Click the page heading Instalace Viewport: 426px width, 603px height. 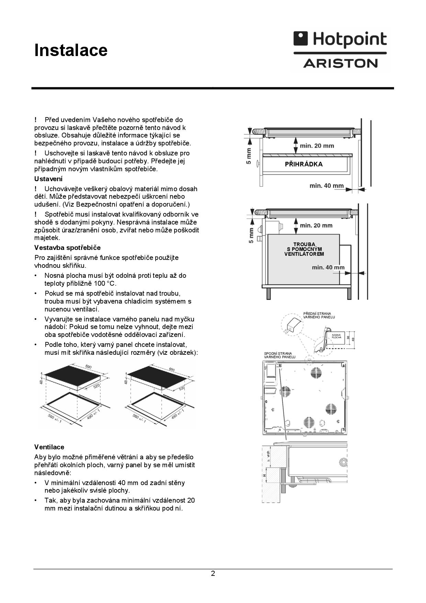(x=71, y=50)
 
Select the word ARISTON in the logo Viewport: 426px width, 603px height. (x=340, y=63)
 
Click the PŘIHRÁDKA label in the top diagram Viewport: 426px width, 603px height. (x=304, y=164)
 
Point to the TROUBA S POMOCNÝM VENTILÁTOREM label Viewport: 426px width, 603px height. (x=304, y=249)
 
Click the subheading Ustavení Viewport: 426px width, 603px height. (x=48, y=179)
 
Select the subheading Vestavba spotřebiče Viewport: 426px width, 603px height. (x=67, y=248)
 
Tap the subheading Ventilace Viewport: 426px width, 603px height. (x=49, y=447)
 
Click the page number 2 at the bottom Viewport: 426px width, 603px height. (x=213, y=573)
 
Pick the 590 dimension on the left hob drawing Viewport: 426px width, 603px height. (x=88, y=367)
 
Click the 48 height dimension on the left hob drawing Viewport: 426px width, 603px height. (x=41, y=382)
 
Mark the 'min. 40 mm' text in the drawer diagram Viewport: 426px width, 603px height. (x=326, y=186)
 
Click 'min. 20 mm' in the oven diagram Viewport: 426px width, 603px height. (x=316, y=226)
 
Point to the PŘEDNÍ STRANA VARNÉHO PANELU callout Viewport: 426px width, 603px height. (x=319, y=315)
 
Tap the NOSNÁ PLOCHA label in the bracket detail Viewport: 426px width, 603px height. (x=336, y=336)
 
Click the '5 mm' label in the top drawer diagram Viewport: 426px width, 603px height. (x=249, y=156)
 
